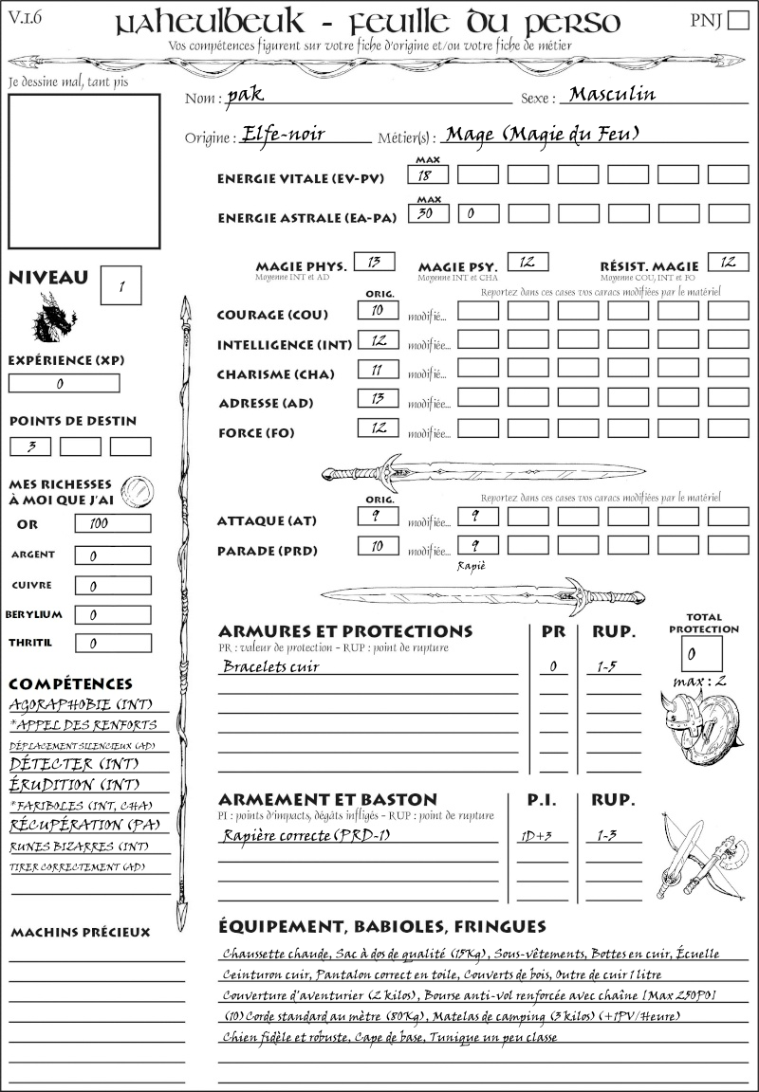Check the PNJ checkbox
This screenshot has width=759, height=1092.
pyautogui.click(x=736, y=22)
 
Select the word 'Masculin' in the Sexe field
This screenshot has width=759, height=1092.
pyautogui.click(x=612, y=94)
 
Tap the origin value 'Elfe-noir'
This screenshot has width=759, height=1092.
pyautogui.click(x=284, y=134)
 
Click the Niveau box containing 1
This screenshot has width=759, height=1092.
pyautogui.click(x=122, y=284)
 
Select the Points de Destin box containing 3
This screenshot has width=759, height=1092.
pyautogui.click(x=30, y=446)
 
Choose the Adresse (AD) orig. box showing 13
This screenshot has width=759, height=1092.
pyautogui.click(x=377, y=398)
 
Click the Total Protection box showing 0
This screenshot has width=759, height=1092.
pyautogui.click(x=701, y=653)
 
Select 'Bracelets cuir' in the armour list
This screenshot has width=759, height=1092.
pyautogui.click(x=270, y=666)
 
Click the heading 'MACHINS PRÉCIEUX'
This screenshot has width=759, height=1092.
pyautogui.click(x=80, y=933)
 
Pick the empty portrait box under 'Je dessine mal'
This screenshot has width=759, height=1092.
pyautogui.click(x=83, y=170)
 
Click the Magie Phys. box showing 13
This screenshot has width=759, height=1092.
pyautogui.click(x=374, y=262)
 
